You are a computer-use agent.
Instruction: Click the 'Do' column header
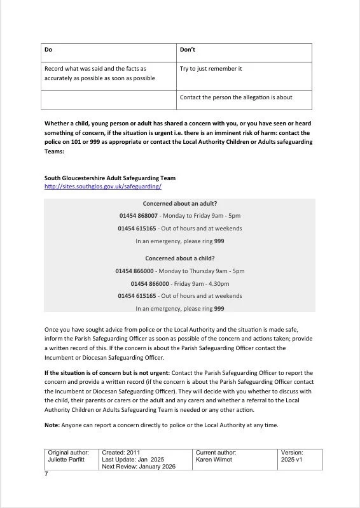48,49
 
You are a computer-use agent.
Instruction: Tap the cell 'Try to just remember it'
211,68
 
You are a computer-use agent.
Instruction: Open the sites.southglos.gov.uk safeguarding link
103,187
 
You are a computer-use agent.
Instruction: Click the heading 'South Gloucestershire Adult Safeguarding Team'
110,178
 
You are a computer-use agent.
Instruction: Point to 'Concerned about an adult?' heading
179,204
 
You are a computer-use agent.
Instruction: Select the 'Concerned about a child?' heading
179,258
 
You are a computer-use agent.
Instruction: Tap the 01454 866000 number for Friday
151,283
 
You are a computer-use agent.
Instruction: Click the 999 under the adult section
219,241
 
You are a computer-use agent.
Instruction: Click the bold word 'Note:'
52,426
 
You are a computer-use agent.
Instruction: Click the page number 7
46,474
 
